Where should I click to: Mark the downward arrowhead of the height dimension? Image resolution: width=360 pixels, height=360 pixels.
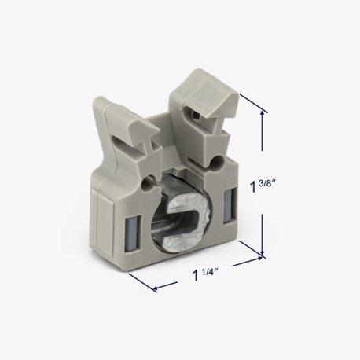point(262,253)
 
